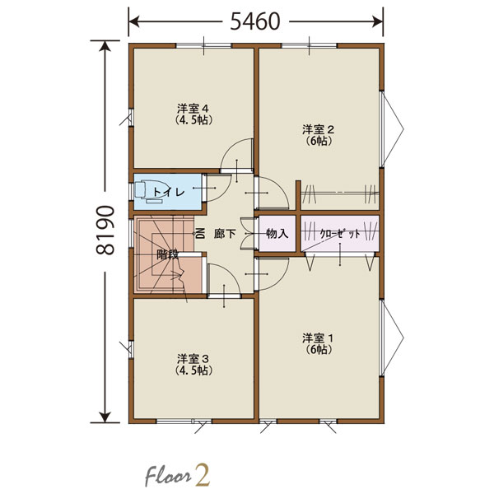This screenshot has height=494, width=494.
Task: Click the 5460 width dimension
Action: click(255, 21)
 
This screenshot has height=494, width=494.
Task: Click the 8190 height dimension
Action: click(105, 231)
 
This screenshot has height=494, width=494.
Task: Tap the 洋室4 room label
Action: click(193, 109)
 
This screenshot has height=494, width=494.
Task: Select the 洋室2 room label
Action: click(318, 129)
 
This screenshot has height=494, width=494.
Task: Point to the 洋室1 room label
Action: click(318, 338)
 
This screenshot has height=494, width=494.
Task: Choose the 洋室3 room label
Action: click(193, 359)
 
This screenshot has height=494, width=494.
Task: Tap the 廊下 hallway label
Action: click(225, 234)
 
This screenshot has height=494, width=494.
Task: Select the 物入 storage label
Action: click(277, 234)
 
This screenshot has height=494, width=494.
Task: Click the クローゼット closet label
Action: click(340, 234)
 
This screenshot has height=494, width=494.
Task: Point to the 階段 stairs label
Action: click(168, 254)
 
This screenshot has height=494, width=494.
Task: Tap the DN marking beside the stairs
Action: click(200, 234)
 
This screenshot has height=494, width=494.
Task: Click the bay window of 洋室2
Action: click(392, 129)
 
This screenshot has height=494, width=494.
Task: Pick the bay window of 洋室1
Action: click(392, 338)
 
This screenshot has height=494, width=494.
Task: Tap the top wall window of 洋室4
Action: click(204, 46)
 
